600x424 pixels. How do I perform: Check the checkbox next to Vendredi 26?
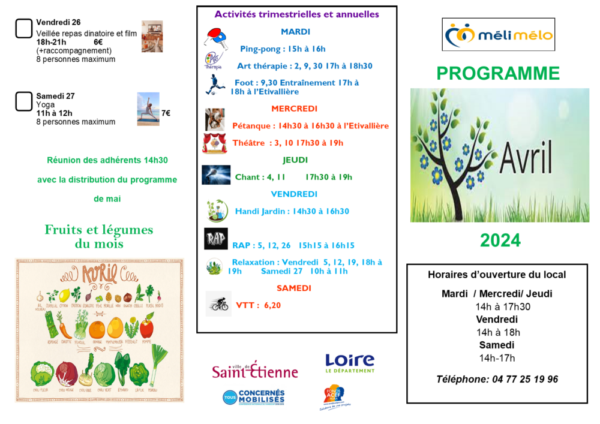click(23, 28)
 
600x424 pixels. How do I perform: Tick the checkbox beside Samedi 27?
click(23, 101)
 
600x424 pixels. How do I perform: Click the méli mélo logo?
click(498, 35)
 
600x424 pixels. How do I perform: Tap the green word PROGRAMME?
click(498, 73)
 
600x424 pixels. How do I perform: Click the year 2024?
click(500, 240)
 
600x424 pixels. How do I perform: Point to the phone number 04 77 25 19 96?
click(497, 379)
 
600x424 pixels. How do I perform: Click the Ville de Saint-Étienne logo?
click(254, 370)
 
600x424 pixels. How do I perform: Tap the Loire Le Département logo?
click(349, 363)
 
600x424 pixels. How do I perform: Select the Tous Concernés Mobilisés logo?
click(254, 397)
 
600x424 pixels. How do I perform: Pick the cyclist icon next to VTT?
click(218, 304)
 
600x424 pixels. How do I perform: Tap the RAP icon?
click(215, 239)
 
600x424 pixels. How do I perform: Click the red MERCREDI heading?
click(294, 109)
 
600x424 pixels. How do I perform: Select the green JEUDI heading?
click(295, 160)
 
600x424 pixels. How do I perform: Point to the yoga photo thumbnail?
click(148, 109)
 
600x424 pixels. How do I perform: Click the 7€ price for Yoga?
click(166, 113)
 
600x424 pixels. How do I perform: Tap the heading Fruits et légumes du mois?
click(99, 236)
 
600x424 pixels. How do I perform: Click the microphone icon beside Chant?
click(216, 175)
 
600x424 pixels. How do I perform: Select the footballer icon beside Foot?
click(214, 86)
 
